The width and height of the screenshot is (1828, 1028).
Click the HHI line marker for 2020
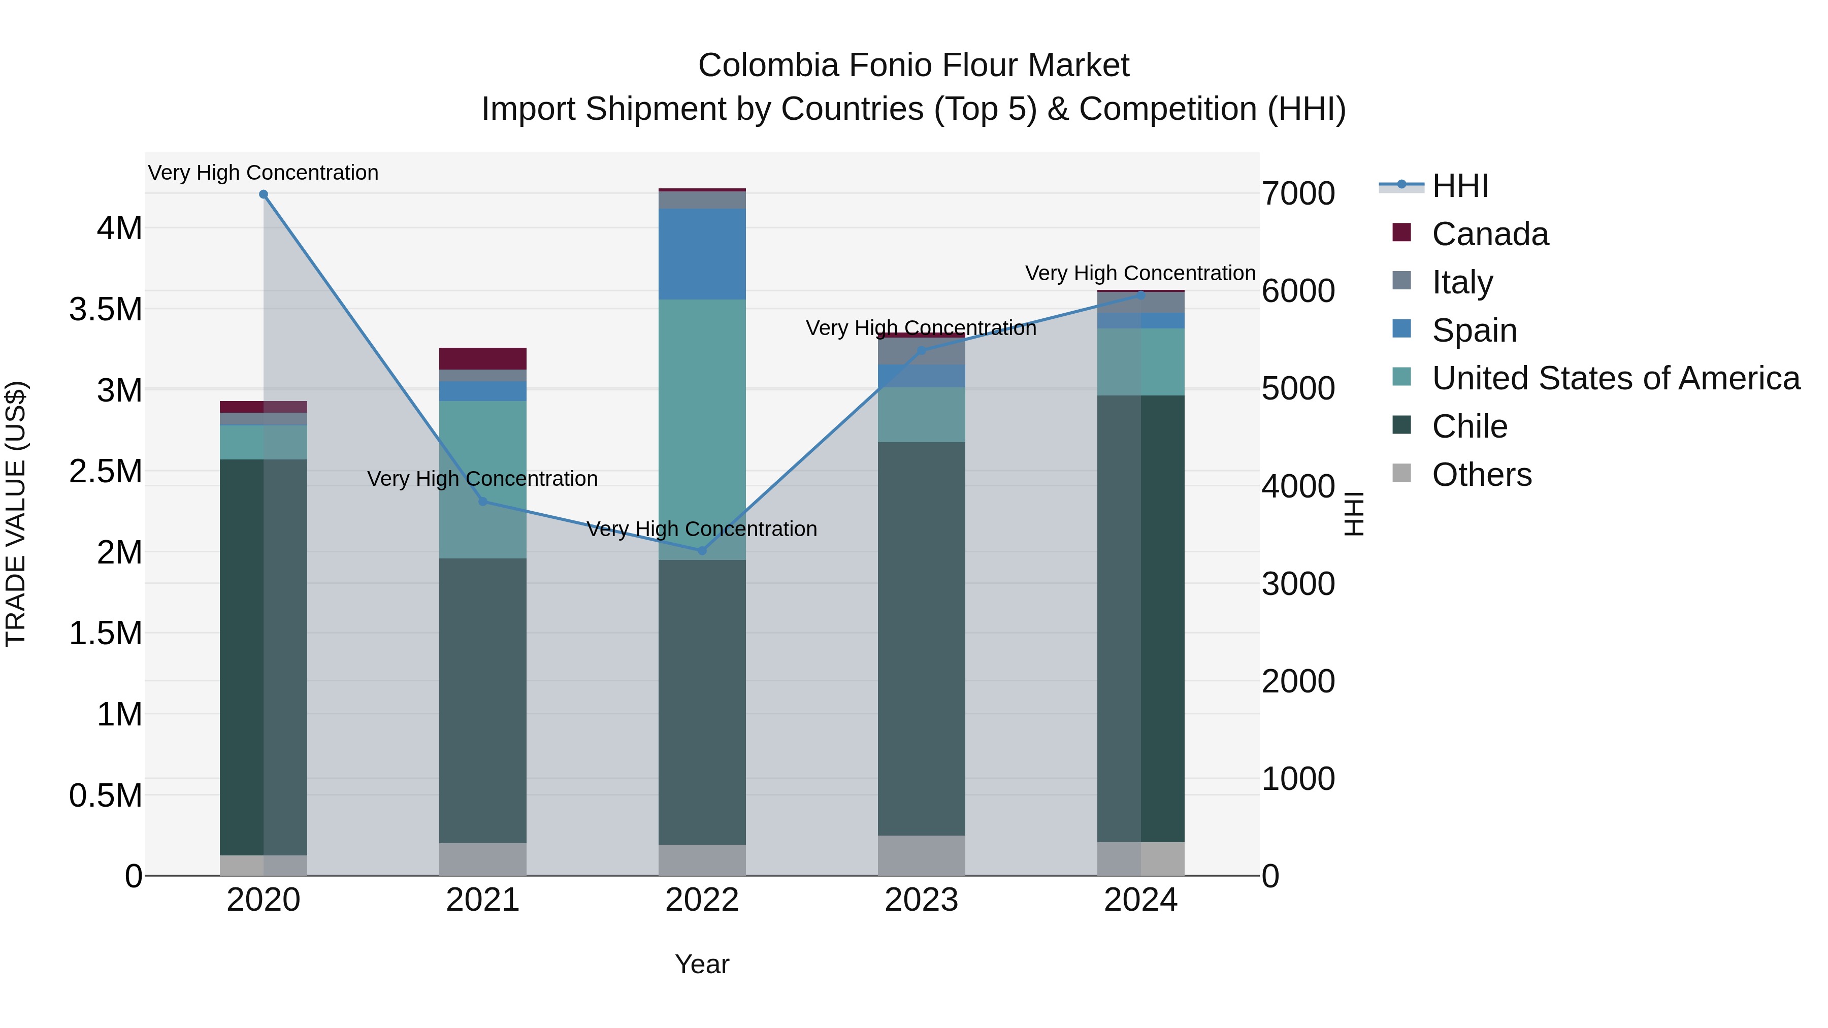click(263, 194)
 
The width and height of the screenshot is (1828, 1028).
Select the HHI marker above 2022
click(702, 550)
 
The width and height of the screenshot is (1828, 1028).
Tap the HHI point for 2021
click(482, 502)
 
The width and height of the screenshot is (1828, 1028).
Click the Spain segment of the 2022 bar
click(702, 254)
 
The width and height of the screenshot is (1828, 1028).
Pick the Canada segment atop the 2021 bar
click(482, 358)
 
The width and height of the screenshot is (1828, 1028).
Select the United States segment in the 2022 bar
click(702, 426)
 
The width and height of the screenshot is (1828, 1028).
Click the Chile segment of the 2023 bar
click(921, 639)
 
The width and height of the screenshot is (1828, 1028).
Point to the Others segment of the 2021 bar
click(482, 859)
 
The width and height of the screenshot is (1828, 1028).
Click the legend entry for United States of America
click(1615, 378)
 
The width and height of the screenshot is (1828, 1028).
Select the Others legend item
click(1481, 475)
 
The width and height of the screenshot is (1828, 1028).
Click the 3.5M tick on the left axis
click(106, 309)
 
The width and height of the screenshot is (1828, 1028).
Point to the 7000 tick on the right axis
click(1298, 194)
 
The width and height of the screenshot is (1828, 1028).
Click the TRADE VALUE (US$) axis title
click(16, 514)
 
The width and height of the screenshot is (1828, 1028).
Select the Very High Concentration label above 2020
click(263, 173)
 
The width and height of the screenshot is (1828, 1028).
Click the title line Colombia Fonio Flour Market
click(913, 65)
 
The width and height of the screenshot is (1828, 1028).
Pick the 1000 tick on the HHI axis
click(1298, 779)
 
